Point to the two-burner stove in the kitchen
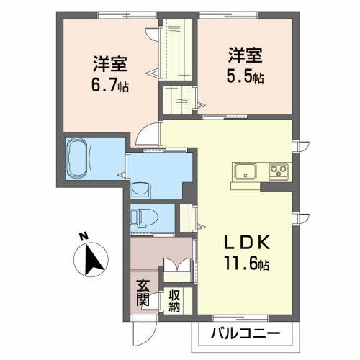(x=279, y=171)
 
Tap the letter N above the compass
(x=84, y=235)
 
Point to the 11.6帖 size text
(x=246, y=265)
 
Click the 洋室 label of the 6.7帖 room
(x=109, y=62)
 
